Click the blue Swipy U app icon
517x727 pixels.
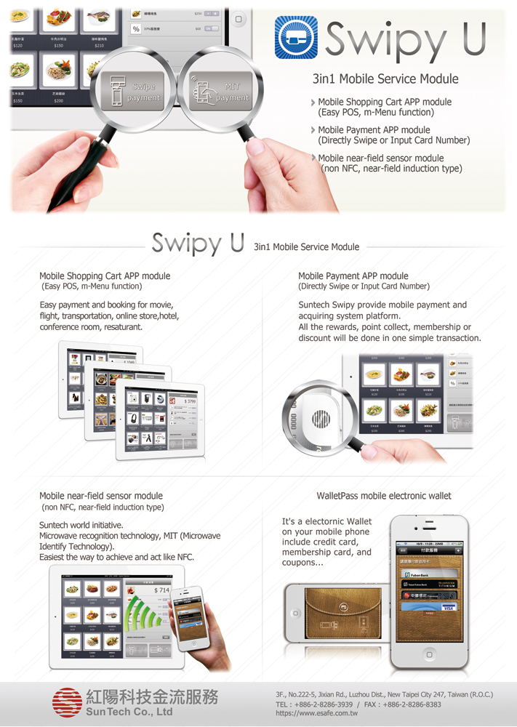(x=297, y=38)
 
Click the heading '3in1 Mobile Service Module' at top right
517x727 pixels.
(x=385, y=79)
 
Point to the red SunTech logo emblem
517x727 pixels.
(x=67, y=702)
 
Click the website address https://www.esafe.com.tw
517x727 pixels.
(x=317, y=714)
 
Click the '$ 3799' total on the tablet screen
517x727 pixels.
(x=188, y=401)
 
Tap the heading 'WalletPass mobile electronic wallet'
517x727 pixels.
(x=384, y=496)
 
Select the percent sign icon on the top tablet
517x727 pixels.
(x=136, y=29)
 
